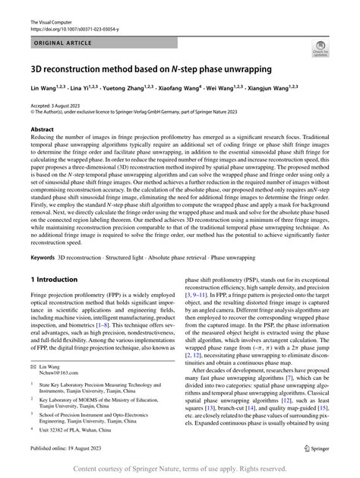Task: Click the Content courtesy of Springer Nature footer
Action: coord(179,470)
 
